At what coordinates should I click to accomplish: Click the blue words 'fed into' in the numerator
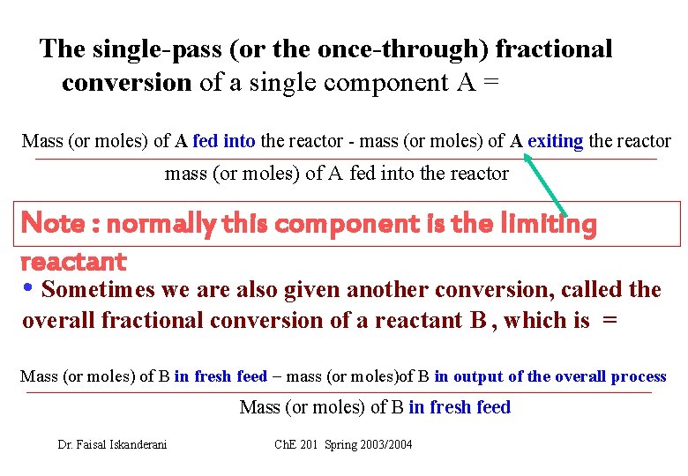224,141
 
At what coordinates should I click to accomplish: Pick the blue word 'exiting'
555,141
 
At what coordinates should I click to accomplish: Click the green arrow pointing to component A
548,184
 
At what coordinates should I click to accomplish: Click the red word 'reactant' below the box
72,261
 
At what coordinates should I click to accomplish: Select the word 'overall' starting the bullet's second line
59,320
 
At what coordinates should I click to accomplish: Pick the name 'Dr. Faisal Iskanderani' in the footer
112,444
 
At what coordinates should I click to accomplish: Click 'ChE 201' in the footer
296,444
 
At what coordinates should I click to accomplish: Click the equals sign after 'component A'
491,83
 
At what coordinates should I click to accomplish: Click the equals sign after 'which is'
609,321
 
